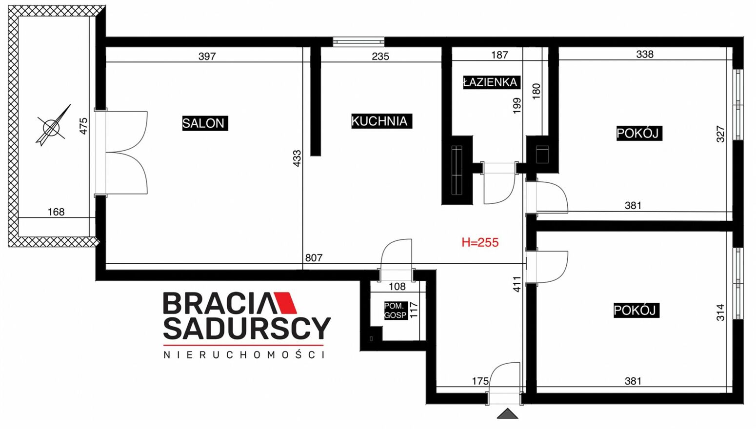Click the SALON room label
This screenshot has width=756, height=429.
(x=205, y=123)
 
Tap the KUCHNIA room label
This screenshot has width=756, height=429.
(x=381, y=121)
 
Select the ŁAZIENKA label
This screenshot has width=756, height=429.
(x=492, y=82)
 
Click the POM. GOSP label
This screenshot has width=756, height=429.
(x=396, y=311)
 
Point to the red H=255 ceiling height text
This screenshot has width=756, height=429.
(x=480, y=242)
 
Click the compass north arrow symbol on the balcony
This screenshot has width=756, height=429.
(x=53, y=125)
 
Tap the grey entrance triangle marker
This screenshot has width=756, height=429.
(x=507, y=413)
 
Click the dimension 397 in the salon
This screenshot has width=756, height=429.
(x=207, y=57)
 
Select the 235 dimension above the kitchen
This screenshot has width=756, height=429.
(x=380, y=57)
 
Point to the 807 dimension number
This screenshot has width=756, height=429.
(x=314, y=258)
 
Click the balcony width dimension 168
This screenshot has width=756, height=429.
(x=56, y=212)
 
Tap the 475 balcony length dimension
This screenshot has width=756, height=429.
(x=83, y=126)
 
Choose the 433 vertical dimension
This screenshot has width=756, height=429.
(x=297, y=158)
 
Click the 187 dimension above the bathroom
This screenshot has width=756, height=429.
(x=499, y=55)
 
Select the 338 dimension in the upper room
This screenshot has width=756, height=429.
(x=645, y=54)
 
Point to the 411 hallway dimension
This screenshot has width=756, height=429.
(x=517, y=284)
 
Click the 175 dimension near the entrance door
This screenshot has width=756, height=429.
(x=480, y=381)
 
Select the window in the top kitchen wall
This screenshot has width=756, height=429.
(x=358, y=42)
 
